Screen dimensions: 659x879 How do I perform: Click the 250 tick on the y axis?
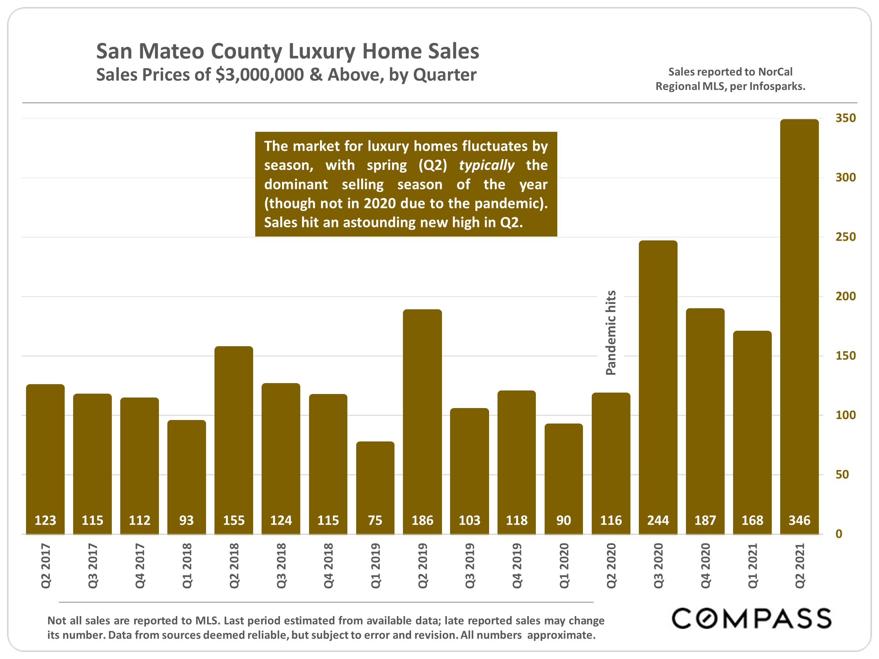[x=845, y=237]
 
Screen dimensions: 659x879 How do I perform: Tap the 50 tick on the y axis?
[x=842, y=475]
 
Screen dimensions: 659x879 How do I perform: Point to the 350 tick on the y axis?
[x=845, y=118]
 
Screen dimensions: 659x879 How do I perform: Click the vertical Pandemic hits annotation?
[x=611, y=333]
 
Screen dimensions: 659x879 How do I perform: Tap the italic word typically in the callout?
[x=486, y=165]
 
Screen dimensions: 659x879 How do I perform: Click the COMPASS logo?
[x=751, y=619]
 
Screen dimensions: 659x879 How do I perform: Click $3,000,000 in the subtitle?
[x=259, y=75]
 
